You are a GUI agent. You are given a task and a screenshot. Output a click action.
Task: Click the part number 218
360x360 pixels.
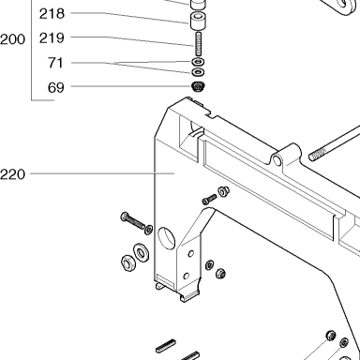pyautogui.click(x=52, y=14)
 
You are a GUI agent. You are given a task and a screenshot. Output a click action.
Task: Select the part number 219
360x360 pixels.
pyautogui.click(x=52, y=38)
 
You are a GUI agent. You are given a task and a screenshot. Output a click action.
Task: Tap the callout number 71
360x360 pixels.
pyautogui.click(x=55, y=63)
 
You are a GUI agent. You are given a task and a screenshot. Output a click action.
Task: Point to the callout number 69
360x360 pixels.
pyautogui.click(x=56, y=87)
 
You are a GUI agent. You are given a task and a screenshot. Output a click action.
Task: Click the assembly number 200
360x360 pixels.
pyautogui.click(x=12, y=39)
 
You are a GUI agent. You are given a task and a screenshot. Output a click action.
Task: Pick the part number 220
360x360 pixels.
pyautogui.click(x=12, y=174)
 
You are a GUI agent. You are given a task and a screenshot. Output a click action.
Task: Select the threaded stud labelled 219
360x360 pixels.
pyautogui.click(x=199, y=44)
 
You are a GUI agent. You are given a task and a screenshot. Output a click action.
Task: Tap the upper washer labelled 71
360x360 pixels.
pyautogui.click(x=198, y=61)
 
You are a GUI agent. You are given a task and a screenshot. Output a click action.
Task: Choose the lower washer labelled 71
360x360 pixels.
pyautogui.click(x=198, y=72)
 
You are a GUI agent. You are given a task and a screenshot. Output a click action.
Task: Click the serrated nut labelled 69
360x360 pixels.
pyautogui.click(x=198, y=86)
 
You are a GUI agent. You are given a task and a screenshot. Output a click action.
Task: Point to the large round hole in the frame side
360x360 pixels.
pyautogui.click(x=167, y=238)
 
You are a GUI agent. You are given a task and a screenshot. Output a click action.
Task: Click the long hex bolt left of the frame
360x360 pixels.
pyautogui.click(x=133, y=220)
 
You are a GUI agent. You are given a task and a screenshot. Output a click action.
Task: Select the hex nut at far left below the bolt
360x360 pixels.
pyautogui.click(x=127, y=262)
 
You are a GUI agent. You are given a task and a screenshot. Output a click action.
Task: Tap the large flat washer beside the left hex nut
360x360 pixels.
pyautogui.click(x=142, y=252)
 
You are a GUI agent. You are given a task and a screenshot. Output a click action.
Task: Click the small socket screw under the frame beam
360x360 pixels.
pyautogui.click(x=209, y=199)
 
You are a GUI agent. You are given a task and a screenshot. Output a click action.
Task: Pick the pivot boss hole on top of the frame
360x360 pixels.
pyautogui.click(x=277, y=160)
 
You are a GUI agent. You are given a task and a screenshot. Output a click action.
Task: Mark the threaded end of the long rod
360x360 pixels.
pyautogui.click(x=318, y=155)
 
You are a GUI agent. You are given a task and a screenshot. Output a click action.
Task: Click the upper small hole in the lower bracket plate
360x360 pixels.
pyautogui.click(x=191, y=254)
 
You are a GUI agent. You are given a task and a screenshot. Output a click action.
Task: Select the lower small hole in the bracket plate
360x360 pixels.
pyautogui.click(x=187, y=277)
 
